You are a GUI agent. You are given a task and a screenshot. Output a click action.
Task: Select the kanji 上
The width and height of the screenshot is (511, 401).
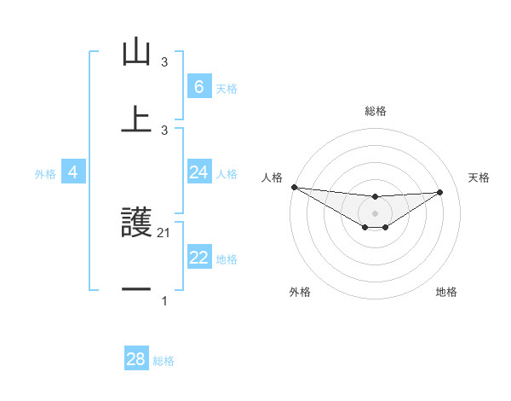tap(136, 118)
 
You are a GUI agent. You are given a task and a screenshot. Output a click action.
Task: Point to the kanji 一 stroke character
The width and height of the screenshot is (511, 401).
tap(136, 290)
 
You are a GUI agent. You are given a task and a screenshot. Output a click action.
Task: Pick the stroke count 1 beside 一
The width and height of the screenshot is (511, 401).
tap(164, 301)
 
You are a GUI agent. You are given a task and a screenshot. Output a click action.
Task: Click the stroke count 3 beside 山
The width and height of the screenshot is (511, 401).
tap(164, 62)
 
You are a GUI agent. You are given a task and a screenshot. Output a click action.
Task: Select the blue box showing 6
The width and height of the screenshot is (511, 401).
tap(198, 86)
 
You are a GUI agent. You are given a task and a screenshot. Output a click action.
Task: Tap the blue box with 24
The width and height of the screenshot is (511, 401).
tap(198, 172)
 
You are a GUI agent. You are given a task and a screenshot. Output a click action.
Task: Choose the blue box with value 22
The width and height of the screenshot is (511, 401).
tap(198, 258)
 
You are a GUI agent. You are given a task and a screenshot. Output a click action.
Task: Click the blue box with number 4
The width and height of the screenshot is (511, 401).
tap(73, 172)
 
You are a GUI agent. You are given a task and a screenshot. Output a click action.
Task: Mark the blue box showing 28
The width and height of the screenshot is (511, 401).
tap(136, 359)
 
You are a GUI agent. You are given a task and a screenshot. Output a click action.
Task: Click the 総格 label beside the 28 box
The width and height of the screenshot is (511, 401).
tap(164, 361)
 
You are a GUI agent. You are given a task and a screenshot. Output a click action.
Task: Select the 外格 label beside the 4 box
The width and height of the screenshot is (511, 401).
tap(45, 173)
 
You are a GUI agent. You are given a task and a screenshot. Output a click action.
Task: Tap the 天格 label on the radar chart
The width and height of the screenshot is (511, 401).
tap(479, 177)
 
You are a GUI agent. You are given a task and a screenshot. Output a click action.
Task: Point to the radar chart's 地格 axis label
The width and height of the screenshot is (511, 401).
tap(446, 292)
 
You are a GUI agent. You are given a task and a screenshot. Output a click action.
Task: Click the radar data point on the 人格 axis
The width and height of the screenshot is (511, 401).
tap(294, 187)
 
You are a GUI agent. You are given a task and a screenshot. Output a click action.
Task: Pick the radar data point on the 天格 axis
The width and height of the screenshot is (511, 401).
tap(440, 192)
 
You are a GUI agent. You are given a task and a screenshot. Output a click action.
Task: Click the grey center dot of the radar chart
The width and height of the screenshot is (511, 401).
tap(375, 213)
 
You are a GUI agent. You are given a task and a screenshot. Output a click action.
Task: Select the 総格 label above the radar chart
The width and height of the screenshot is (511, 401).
tap(375, 111)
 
